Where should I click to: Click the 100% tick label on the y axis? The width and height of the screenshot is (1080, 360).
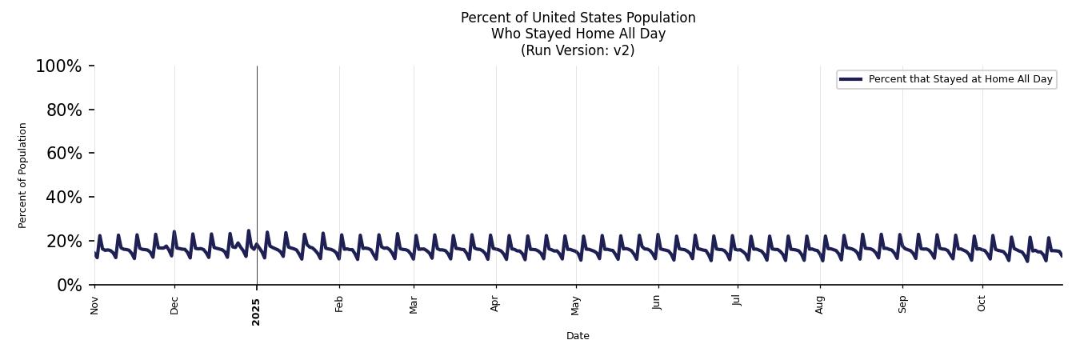coord(58,66)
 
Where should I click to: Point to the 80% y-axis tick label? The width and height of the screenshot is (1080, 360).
coord(64,110)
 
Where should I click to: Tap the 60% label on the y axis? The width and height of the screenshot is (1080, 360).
coord(64,154)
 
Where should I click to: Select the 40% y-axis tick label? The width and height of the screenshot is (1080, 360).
coord(64,198)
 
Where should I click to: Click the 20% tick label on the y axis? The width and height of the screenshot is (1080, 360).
coord(64,242)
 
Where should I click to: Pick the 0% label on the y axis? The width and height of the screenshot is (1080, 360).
coord(69,286)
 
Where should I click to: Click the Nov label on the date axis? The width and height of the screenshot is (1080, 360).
coord(94,305)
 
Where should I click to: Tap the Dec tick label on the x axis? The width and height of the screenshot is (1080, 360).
coord(174,305)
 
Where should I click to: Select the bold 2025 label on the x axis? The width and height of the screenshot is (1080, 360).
coord(256,307)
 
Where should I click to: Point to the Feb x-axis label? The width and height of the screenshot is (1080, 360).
coord(339,304)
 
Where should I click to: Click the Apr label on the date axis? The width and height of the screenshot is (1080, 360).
coord(495,304)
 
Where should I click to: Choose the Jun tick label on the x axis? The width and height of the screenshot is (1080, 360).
coord(658,304)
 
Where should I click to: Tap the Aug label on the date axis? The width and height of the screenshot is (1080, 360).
coord(820,305)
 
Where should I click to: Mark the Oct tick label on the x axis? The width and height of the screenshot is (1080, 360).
coord(982,304)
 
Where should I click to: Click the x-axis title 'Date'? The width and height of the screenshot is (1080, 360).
coord(578,336)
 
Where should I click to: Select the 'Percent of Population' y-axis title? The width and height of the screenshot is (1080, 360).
coord(23,175)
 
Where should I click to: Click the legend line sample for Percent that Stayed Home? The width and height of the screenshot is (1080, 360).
coord(850,79)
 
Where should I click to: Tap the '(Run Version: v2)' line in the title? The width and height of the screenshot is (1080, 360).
coord(578,50)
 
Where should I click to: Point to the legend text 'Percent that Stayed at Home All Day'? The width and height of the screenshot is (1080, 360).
coord(960,79)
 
